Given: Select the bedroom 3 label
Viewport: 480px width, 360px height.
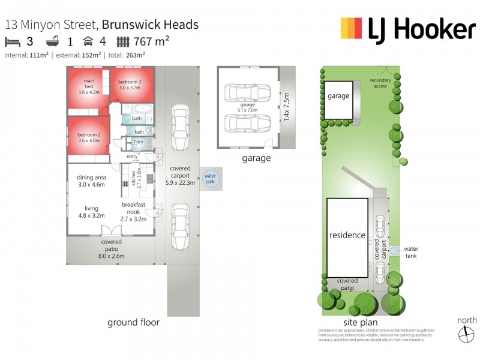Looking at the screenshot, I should tap(130, 85).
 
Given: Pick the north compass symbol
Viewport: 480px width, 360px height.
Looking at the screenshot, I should tap(466, 334).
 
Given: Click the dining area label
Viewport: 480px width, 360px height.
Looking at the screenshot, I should tap(92, 181).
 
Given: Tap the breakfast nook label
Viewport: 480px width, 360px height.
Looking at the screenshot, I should tap(134, 208).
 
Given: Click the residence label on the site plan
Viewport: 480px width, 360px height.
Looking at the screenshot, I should tap(347, 235).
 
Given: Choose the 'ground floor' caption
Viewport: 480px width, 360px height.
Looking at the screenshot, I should tap(133, 322).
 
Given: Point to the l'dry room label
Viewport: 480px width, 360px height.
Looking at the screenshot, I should tap(138, 142).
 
